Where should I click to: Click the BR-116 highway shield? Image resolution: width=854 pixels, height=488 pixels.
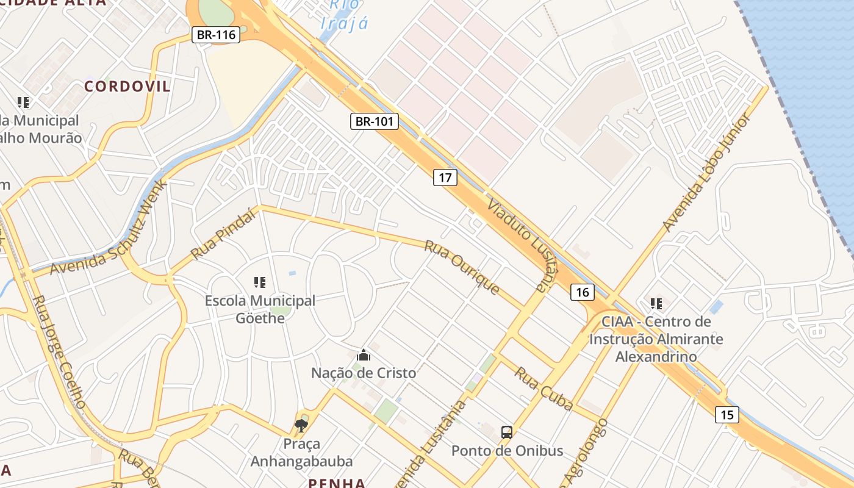(216, 35)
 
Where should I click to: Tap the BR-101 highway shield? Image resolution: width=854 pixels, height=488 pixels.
(375, 121)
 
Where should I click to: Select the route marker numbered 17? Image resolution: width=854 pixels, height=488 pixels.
(445, 178)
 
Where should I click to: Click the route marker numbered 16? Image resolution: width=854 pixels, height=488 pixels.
(583, 292)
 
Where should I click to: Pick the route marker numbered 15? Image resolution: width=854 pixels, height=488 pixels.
(727, 415)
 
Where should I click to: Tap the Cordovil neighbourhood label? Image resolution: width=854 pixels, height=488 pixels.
(127, 86)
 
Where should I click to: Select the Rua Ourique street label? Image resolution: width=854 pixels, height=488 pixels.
(462, 267)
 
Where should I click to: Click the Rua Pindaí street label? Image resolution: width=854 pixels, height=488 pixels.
(223, 233)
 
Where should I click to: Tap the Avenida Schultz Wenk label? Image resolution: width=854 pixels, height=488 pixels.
(109, 229)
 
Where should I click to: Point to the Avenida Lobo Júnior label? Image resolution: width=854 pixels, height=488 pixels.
(705, 173)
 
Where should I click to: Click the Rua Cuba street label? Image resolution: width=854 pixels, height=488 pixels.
(544, 389)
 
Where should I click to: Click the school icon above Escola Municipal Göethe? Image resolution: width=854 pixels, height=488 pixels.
(260, 282)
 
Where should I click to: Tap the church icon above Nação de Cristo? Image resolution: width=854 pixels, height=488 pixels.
(364, 355)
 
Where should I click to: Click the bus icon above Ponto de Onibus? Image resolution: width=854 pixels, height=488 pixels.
(507, 432)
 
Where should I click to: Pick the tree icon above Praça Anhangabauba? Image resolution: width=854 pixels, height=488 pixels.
(301, 425)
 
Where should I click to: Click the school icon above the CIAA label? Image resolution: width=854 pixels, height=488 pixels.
(656, 303)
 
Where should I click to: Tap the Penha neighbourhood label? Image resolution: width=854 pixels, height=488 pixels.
(337, 483)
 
